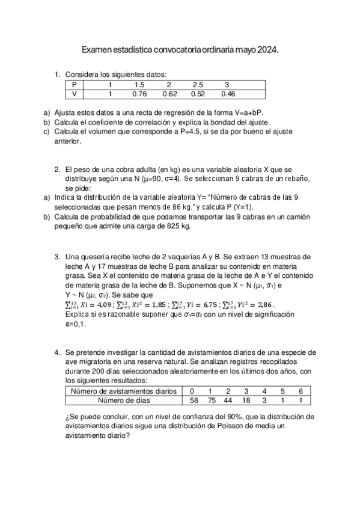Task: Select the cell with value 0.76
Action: pyautogui.click(x=139, y=94)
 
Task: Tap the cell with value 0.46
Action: pyautogui.click(x=227, y=94)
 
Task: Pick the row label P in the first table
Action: pyautogui.click(x=74, y=84)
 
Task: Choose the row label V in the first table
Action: pyautogui.click(x=74, y=94)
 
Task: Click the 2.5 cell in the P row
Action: pyautogui.click(x=198, y=84)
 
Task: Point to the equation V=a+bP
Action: pyautogui.click(x=248, y=112)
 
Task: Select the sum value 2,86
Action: pyautogui.click(x=262, y=305)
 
